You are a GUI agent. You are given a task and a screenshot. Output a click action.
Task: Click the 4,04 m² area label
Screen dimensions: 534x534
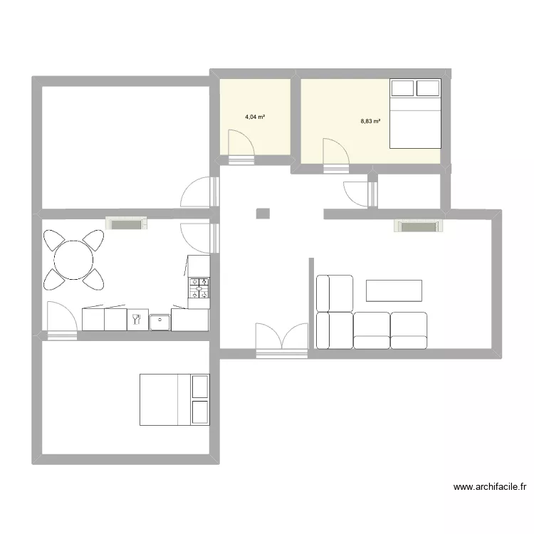pyautogui.click(x=255, y=117)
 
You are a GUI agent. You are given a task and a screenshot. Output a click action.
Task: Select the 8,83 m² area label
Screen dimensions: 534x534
pyautogui.click(x=370, y=121)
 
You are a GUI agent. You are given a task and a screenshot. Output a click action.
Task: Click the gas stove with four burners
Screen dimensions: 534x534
pyautogui.click(x=199, y=288)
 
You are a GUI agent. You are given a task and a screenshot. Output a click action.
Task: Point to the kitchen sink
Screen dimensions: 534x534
pyautogui.click(x=160, y=321)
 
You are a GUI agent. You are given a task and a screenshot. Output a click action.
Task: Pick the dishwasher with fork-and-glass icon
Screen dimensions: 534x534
pyautogui.click(x=137, y=320)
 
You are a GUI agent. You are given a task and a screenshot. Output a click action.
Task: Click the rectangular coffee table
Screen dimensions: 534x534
pyautogui.click(x=394, y=290)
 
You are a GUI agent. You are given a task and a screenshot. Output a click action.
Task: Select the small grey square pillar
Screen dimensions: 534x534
pyautogui.click(x=263, y=213)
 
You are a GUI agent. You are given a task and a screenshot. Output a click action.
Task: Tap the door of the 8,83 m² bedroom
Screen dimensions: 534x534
pyautogui.click(x=335, y=153)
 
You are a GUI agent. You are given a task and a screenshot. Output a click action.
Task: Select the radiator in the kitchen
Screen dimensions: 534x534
pyautogui.click(x=127, y=224)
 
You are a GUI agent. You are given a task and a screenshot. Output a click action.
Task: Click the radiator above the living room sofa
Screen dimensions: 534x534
pyautogui.click(x=420, y=226)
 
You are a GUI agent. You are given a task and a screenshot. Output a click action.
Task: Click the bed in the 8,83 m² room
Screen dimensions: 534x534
pyautogui.click(x=415, y=113)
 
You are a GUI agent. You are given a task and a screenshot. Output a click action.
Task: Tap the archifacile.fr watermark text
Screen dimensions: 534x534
pyautogui.click(x=491, y=488)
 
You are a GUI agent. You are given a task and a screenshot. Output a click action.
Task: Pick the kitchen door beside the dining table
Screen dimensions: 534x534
pyautogui.click(x=60, y=318)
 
